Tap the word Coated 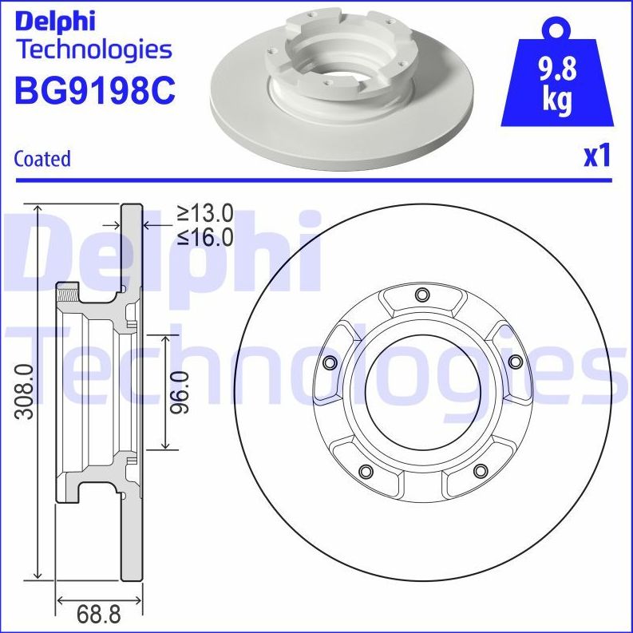coord(42,159)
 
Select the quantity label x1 coord(596,156)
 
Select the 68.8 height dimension coord(98,615)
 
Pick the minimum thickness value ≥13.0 coord(204,213)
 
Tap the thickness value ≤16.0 coord(204,236)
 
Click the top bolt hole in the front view coord(421,297)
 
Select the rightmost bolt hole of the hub coord(515,362)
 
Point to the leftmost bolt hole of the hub coord(328,363)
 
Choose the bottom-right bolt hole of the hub coord(480,471)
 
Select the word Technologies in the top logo coord(94,49)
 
